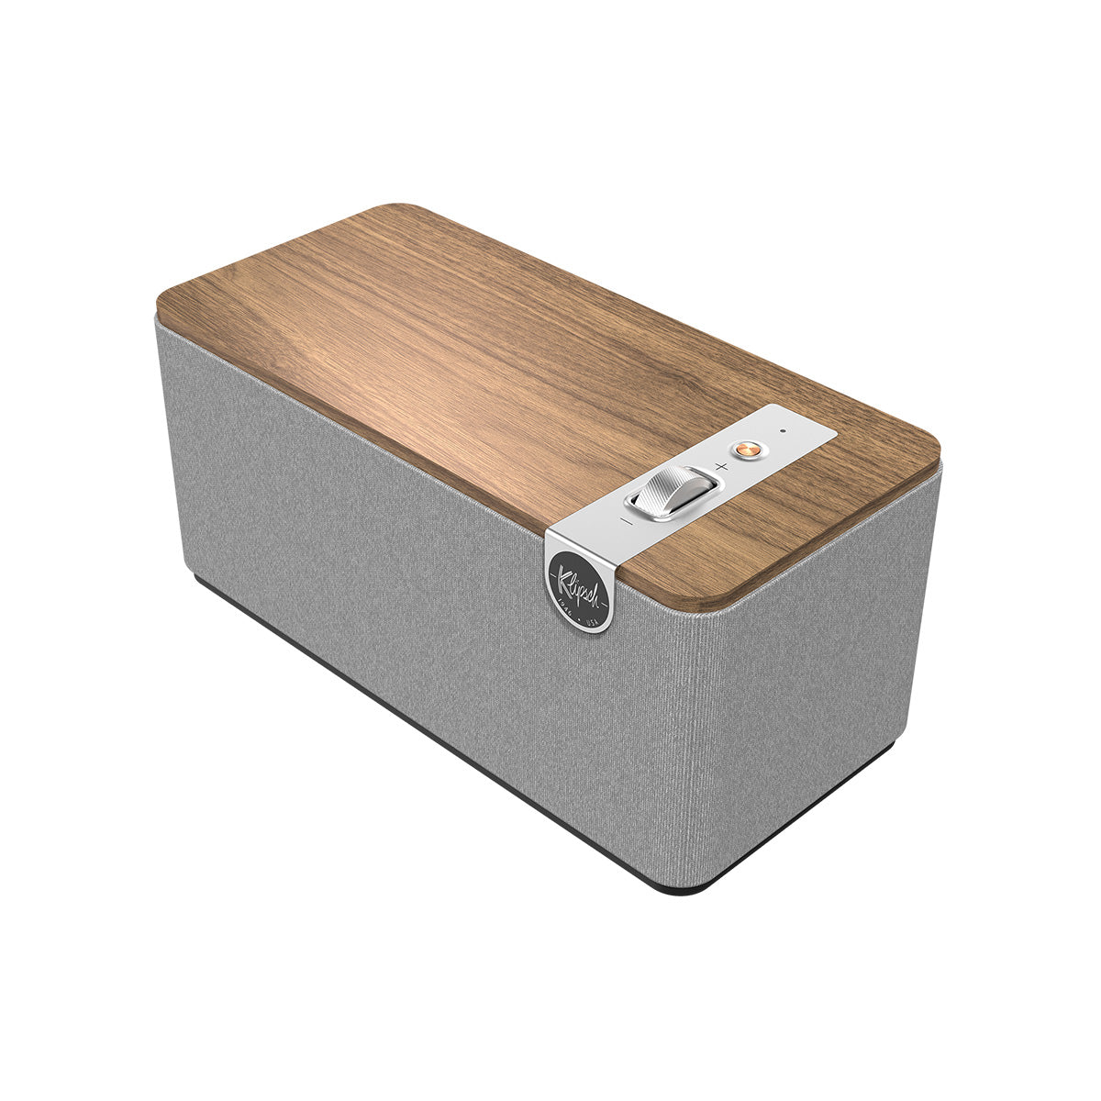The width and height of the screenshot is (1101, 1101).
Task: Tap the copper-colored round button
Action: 746,450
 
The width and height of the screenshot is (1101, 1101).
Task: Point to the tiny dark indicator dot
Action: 783,429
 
